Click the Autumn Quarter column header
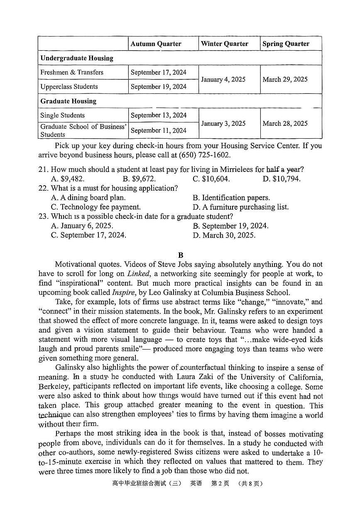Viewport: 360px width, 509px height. pyautogui.click(x=156, y=44)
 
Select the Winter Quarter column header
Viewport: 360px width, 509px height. pyautogui.click(x=225, y=44)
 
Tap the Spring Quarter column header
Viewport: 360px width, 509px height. pyautogui.click(x=286, y=44)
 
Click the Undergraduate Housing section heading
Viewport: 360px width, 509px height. pyautogui.click(x=77, y=58)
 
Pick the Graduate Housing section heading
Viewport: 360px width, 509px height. pyautogui.click(x=68, y=101)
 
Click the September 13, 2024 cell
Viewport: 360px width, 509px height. pyautogui.click(x=159, y=115)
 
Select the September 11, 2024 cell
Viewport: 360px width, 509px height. pyautogui.click(x=159, y=130)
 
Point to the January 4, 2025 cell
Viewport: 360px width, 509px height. pyautogui.click(x=223, y=79)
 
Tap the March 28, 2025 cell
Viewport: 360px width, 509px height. pyautogui.click(x=285, y=123)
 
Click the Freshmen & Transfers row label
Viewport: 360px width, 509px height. pyautogui.click(x=72, y=72)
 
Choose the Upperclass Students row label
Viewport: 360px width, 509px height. pyautogui.click(x=69, y=87)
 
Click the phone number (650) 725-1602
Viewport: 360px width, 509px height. pyautogui.click(x=204, y=155)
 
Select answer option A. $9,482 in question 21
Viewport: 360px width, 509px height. pyautogui.click(x=68, y=179)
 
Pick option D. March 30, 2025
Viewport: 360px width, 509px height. pyautogui.click(x=224, y=235)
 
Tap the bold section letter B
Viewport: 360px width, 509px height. pyautogui.click(x=180, y=255)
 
